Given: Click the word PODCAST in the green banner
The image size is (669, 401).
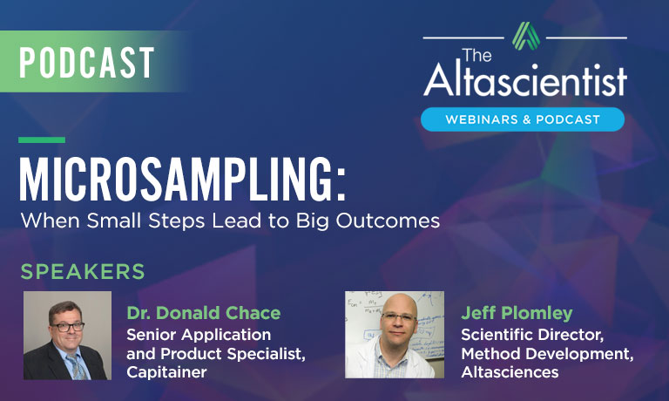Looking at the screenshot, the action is [86, 63].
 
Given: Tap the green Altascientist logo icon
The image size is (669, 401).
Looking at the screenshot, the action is [525, 36].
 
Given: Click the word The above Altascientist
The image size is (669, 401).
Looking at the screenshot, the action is [476, 55].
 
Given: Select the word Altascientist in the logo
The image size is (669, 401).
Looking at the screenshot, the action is [524, 79].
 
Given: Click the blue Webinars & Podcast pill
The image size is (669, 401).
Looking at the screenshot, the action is [523, 119].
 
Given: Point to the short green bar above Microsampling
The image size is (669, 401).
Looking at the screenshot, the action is [42, 139].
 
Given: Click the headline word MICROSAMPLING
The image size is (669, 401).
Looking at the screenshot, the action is [176, 180].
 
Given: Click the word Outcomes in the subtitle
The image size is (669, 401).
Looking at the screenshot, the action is [388, 221].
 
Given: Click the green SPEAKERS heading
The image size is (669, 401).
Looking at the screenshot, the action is [83, 272].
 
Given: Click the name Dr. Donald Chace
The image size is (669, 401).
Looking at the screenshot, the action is [204, 313].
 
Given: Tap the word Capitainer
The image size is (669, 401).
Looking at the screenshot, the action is [167, 372].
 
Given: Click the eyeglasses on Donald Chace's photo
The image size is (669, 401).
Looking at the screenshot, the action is [67, 327].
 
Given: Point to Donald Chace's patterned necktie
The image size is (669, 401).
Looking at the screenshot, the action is [77, 367].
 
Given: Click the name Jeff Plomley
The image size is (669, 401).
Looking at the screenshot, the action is [517, 313].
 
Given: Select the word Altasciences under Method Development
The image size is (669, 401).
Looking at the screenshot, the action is [510, 372].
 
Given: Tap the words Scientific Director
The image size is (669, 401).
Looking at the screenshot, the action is [532, 335].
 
